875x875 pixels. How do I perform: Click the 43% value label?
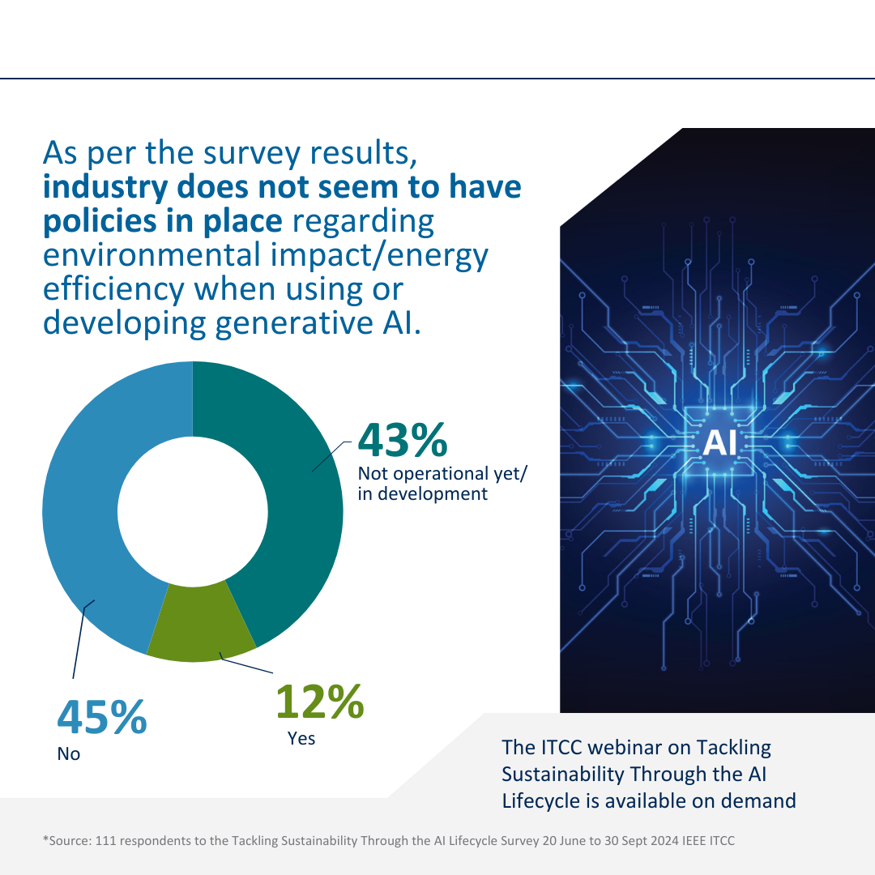tap(403, 439)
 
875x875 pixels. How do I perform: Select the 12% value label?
tap(319, 702)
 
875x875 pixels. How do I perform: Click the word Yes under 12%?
tap(301, 738)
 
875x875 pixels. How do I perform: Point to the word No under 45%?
tap(68, 753)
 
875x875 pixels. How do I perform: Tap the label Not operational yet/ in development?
tap(442, 484)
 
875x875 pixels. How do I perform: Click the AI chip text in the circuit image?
tap(719, 443)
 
